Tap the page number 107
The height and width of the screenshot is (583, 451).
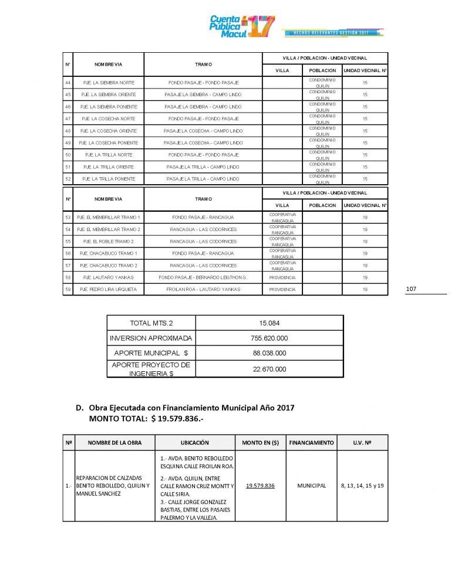point(411,289)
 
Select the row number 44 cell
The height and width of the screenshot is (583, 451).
point(68,83)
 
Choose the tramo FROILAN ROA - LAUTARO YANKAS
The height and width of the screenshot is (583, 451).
point(203,290)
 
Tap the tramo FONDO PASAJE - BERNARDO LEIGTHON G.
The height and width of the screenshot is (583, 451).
point(203,277)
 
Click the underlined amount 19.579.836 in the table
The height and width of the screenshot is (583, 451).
point(261,486)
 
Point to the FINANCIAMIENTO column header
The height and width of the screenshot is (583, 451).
point(311,442)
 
